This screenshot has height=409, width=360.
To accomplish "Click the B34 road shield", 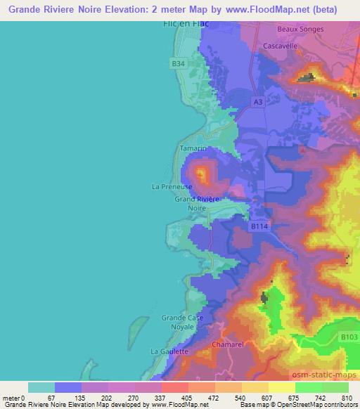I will point(179,64).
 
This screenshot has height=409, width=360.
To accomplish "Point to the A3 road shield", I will point(258,102).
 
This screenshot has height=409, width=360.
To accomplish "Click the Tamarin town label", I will point(193,149).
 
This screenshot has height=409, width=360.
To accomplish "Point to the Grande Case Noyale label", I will point(183,322).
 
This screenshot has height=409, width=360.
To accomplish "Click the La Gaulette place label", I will point(169,351).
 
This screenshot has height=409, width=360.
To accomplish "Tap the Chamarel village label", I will point(227,345).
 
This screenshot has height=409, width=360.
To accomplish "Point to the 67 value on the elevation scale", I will point(56,398).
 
